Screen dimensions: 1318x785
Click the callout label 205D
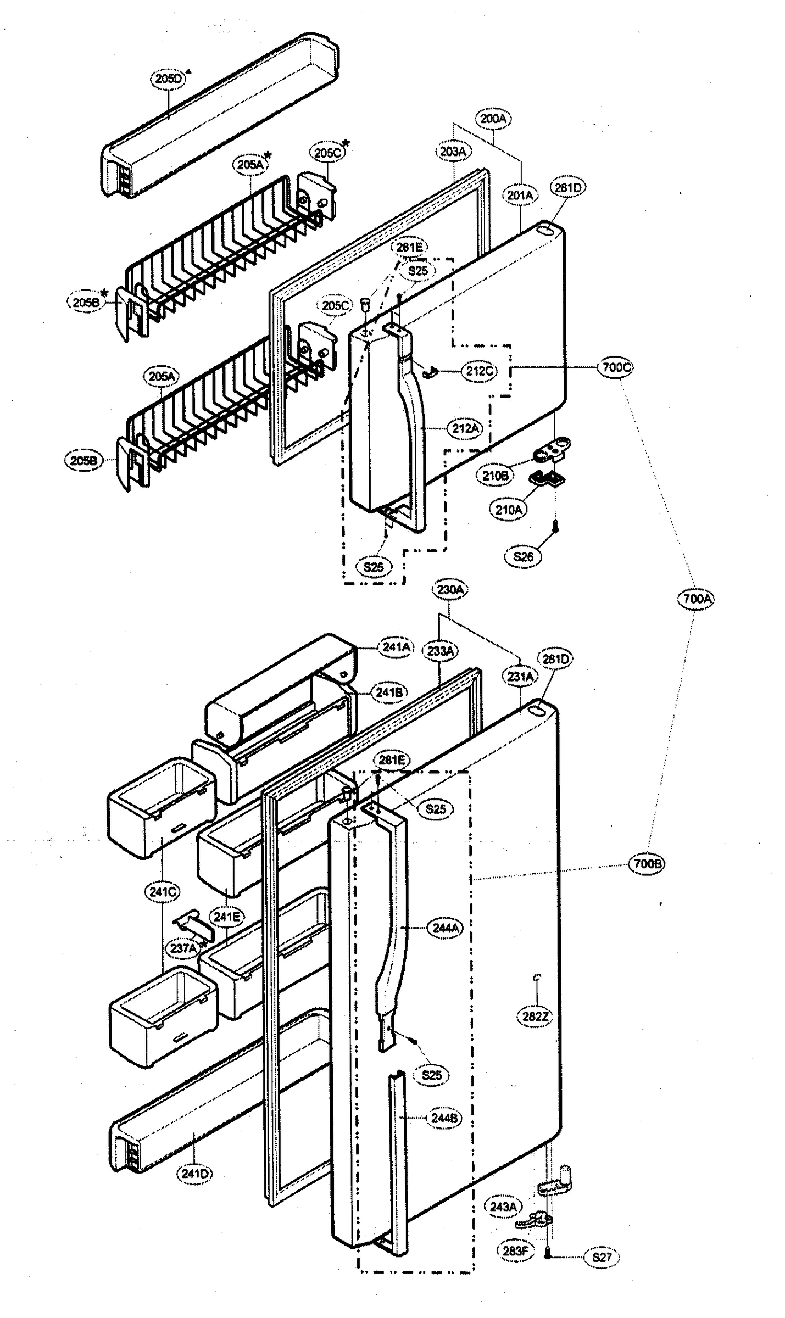(168, 79)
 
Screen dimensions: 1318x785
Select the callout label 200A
(493, 118)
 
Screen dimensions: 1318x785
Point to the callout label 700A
(697, 598)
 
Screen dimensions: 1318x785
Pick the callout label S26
(522, 557)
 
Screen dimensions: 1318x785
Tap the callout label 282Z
(535, 1017)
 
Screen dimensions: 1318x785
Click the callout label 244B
(444, 1118)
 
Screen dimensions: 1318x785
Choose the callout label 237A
(183, 948)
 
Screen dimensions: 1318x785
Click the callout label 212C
(479, 371)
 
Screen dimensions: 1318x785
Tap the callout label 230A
(450, 590)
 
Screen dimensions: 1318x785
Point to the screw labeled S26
(555, 526)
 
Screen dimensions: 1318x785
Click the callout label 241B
(389, 692)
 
